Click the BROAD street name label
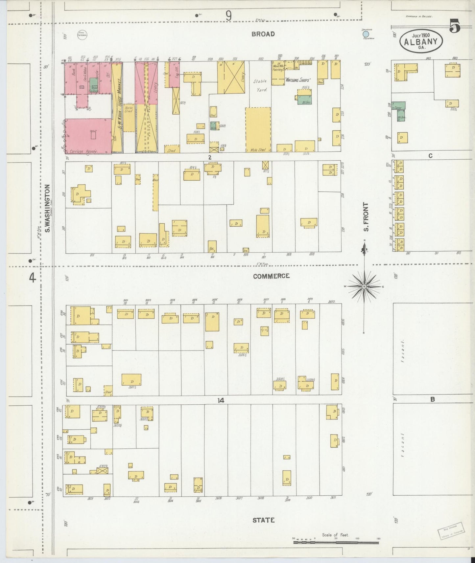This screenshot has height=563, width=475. [x=263, y=34]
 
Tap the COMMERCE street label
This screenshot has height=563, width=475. [x=271, y=276]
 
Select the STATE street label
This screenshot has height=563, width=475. [x=264, y=520]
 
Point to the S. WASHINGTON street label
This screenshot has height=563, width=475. [x=47, y=208]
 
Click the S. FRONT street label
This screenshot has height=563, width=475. [x=366, y=216]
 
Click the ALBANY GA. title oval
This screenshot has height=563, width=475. [x=421, y=42]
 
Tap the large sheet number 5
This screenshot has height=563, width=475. [x=455, y=26]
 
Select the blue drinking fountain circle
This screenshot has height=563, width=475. [x=365, y=34]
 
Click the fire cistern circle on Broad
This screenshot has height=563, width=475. [x=82, y=34]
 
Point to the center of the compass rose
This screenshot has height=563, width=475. [x=364, y=287]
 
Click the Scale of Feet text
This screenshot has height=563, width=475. [x=335, y=535]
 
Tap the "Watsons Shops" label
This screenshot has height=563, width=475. [x=298, y=79]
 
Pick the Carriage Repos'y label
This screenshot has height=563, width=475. [x=84, y=152]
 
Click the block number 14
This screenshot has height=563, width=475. [x=221, y=400]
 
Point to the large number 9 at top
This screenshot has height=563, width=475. [x=228, y=15]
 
